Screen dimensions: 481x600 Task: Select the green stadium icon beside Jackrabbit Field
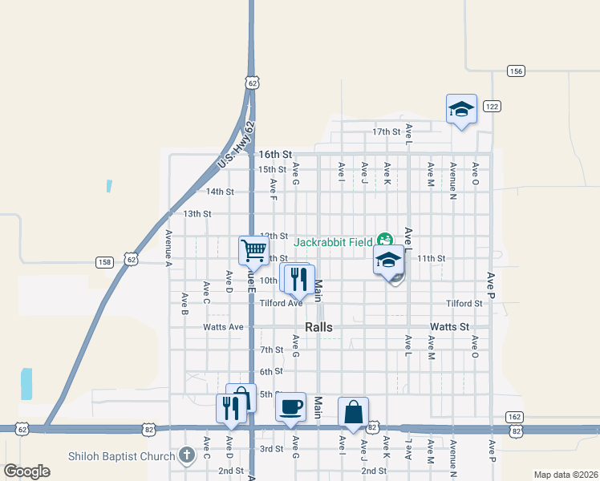point(385,239)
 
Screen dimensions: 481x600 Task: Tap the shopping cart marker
point(253,249)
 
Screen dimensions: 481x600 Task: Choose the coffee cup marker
point(290,406)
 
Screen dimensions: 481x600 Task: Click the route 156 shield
point(516,71)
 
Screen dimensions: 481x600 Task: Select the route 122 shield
point(492,106)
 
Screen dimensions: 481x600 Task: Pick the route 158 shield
point(104,261)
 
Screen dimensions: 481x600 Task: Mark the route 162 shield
point(515,417)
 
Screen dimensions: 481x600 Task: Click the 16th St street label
point(274,153)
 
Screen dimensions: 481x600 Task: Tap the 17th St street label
point(386,131)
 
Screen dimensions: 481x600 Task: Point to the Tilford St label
point(464,304)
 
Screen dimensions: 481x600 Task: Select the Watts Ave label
point(223,327)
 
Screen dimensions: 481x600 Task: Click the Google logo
point(27,471)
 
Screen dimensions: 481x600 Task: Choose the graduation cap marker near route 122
point(461,108)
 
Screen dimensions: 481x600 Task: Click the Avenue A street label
point(169,248)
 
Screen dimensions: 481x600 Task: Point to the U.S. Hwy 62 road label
point(234,145)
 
